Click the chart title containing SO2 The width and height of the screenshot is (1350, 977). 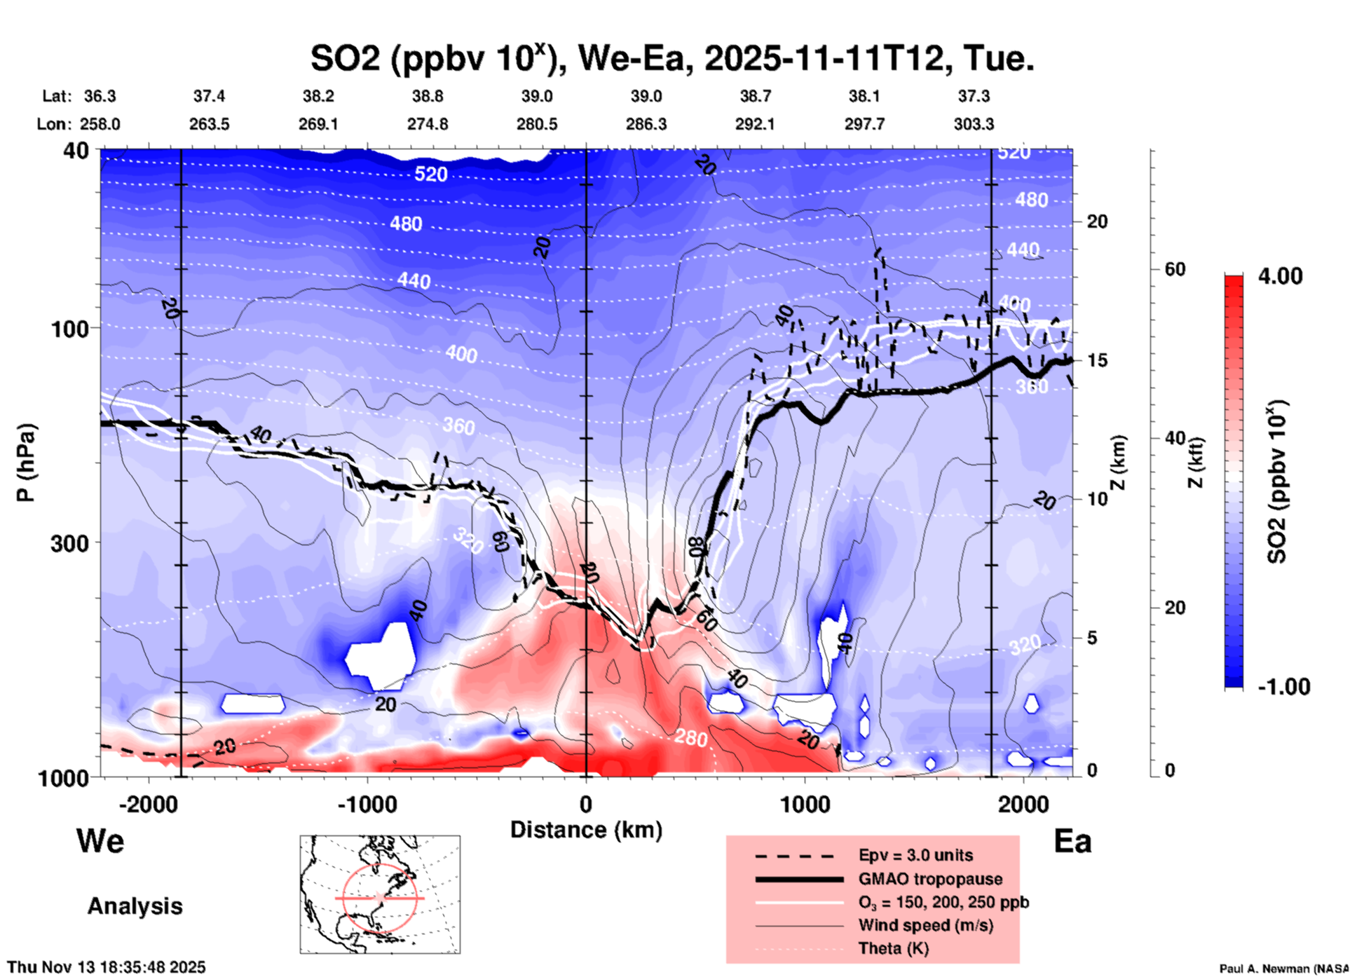(672, 58)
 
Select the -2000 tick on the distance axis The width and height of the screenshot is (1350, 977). (148, 804)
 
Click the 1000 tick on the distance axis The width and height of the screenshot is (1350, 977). (805, 804)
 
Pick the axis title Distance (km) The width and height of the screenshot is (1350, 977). (586, 830)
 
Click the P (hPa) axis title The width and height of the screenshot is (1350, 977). (26, 462)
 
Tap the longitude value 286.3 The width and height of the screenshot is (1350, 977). (646, 124)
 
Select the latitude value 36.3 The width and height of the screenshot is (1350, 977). (100, 96)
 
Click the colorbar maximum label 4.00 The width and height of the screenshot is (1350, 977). (1280, 275)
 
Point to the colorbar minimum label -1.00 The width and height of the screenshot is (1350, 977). (1283, 686)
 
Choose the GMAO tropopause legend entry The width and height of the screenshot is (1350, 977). (930, 879)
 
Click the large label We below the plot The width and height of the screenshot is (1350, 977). (100, 840)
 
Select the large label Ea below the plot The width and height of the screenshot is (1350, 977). (1072, 841)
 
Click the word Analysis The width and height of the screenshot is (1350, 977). (135, 906)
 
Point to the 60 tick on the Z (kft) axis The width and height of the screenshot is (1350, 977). (1175, 269)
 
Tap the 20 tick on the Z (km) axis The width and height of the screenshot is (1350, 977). (1097, 221)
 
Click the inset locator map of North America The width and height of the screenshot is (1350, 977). (380, 894)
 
